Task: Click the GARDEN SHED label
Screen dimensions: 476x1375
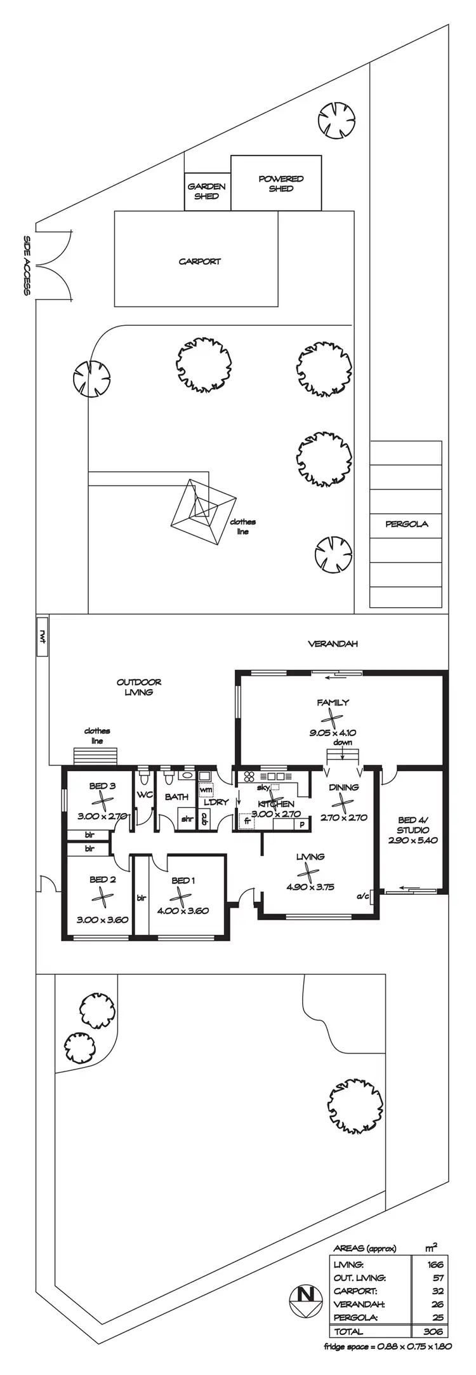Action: (206, 191)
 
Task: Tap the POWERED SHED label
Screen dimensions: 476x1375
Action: (281, 184)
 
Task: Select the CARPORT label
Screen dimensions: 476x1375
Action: (199, 261)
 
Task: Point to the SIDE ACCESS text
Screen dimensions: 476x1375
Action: (27, 265)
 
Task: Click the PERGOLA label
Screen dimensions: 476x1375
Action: (406, 524)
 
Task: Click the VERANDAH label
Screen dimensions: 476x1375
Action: (333, 643)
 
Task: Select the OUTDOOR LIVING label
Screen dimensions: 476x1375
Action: (139, 687)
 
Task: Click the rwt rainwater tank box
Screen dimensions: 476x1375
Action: (43, 636)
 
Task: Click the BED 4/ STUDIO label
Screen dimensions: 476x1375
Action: (413, 825)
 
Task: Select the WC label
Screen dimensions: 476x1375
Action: (145, 795)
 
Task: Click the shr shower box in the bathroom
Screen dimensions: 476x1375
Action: (187, 819)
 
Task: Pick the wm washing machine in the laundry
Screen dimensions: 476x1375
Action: (206, 789)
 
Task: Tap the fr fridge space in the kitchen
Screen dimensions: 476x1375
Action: (247, 821)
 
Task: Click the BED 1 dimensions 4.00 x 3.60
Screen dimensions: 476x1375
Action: (183, 910)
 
